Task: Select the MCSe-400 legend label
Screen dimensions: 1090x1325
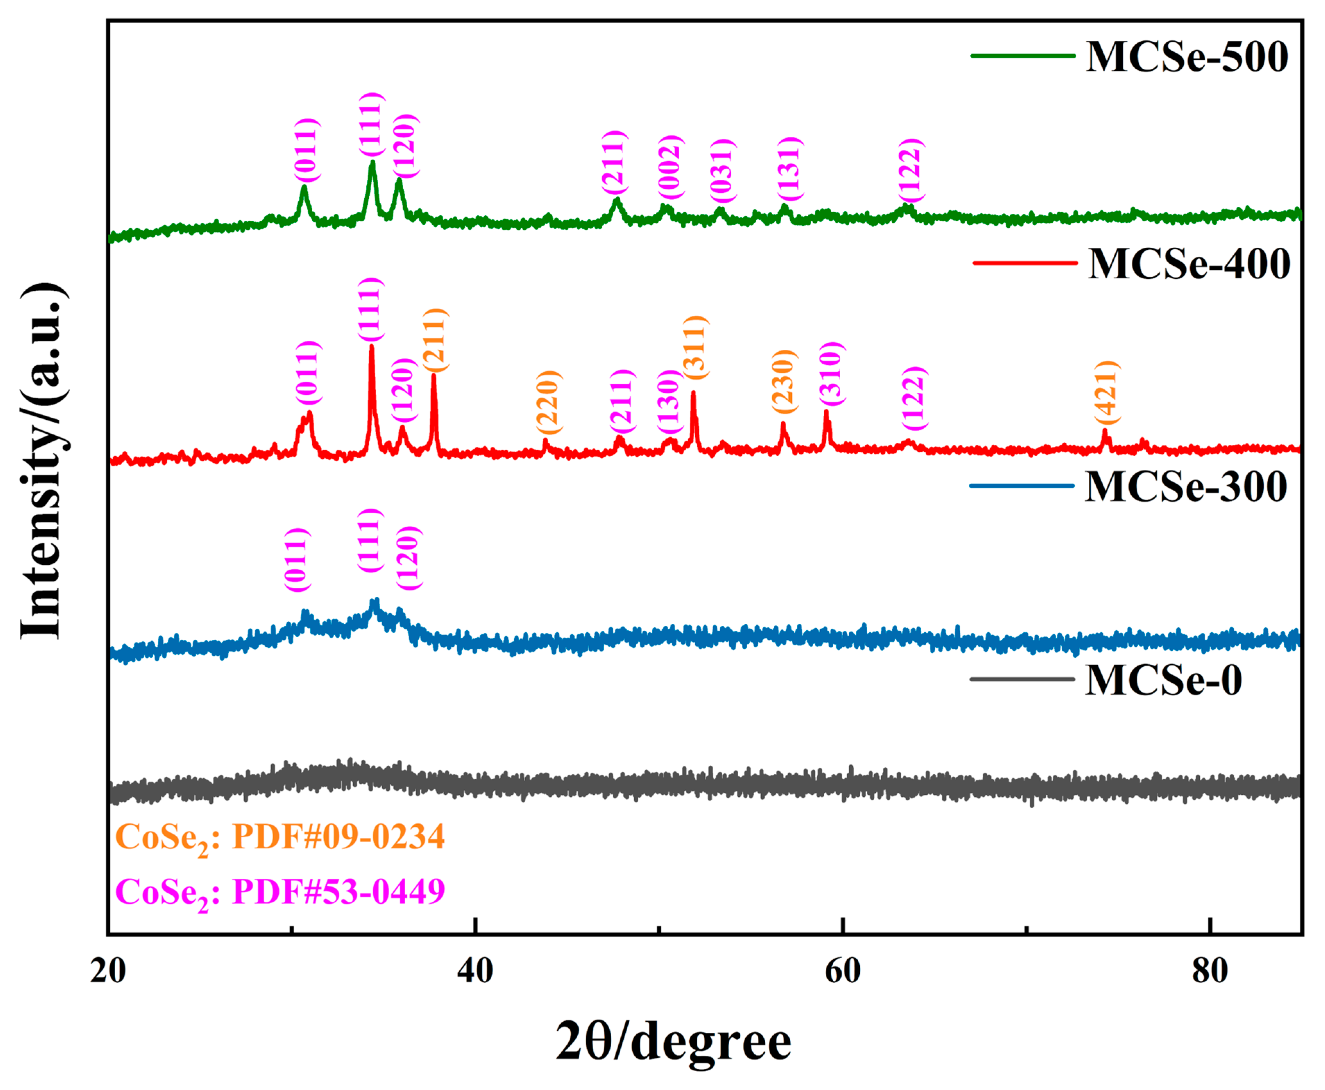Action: click(x=1189, y=264)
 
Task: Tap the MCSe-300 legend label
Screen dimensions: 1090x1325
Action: click(x=1186, y=487)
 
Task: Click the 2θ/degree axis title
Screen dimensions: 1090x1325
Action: click(x=673, y=1042)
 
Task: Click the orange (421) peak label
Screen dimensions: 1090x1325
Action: click(x=1106, y=392)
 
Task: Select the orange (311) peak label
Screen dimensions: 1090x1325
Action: click(x=695, y=347)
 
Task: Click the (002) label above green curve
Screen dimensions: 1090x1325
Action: click(x=669, y=167)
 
